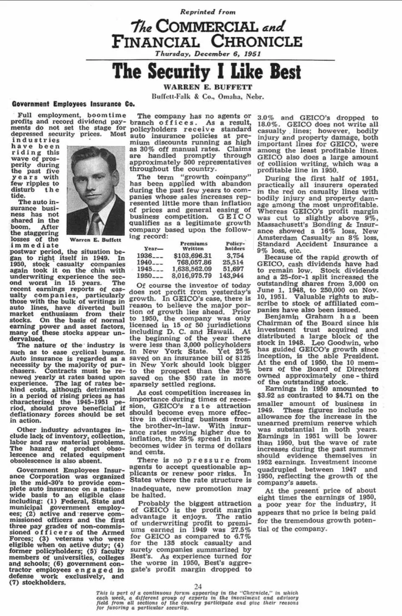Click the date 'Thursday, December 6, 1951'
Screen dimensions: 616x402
pyautogui.click(x=208, y=54)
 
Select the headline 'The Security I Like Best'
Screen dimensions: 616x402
pyautogui.click(x=206, y=71)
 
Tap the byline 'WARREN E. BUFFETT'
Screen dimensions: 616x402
pyautogui.click(x=208, y=87)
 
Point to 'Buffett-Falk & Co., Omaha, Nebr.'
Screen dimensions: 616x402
pyautogui.click(x=208, y=97)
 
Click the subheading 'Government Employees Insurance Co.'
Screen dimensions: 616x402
pyautogui.click(x=73, y=104)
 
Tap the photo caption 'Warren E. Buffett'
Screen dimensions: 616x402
pyautogui.click(x=95, y=240)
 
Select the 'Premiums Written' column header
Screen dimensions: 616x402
pyautogui.click(x=193, y=246)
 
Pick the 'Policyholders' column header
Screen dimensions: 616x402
pyautogui.click(x=235, y=246)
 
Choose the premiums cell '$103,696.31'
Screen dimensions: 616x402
pyautogui.click(x=193, y=256)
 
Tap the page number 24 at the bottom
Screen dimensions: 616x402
pyautogui.click(x=198, y=586)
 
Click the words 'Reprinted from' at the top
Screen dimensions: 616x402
pyautogui.click(x=208, y=12)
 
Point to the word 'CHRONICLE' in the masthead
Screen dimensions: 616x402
pyautogui.click(x=256, y=41)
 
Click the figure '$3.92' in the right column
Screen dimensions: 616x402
pyautogui.click(x=266, y=396)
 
